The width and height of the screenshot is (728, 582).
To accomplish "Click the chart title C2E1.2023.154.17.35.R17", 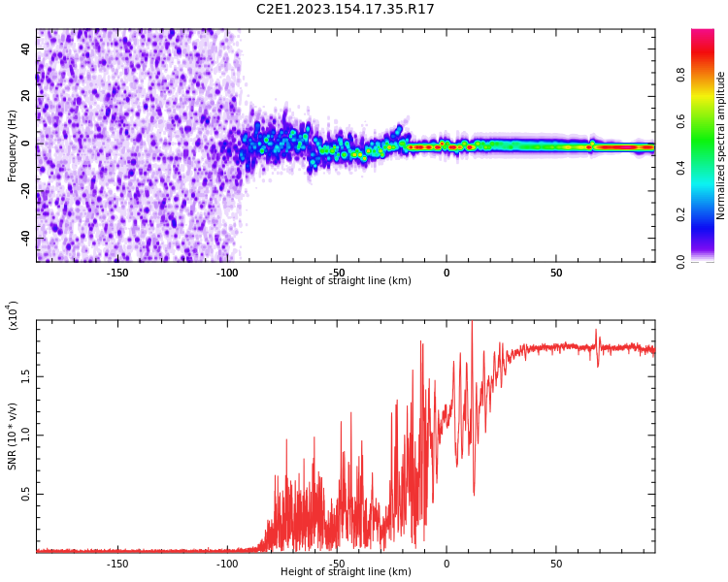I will pos(345,10).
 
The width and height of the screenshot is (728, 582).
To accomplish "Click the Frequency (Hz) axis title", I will pos(13,145).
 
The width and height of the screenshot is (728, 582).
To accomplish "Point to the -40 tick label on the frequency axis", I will pos(24,239).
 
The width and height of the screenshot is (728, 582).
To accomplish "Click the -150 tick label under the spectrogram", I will pos(117,273).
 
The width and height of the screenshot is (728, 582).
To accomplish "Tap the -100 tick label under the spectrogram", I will pos(227,273).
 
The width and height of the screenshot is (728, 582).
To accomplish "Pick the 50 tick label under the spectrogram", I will pos(556,273).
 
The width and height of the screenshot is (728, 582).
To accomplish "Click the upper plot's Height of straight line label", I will pos(346,281).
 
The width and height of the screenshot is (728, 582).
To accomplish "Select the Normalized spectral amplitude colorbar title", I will pos(721,145).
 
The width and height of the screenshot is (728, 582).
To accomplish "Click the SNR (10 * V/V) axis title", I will pos(13,436).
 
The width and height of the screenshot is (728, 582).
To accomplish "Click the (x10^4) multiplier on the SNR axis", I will pos(14,315).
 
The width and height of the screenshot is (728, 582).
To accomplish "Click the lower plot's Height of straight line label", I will pos(346,572).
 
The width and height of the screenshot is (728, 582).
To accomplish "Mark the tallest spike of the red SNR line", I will pos(472,323).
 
